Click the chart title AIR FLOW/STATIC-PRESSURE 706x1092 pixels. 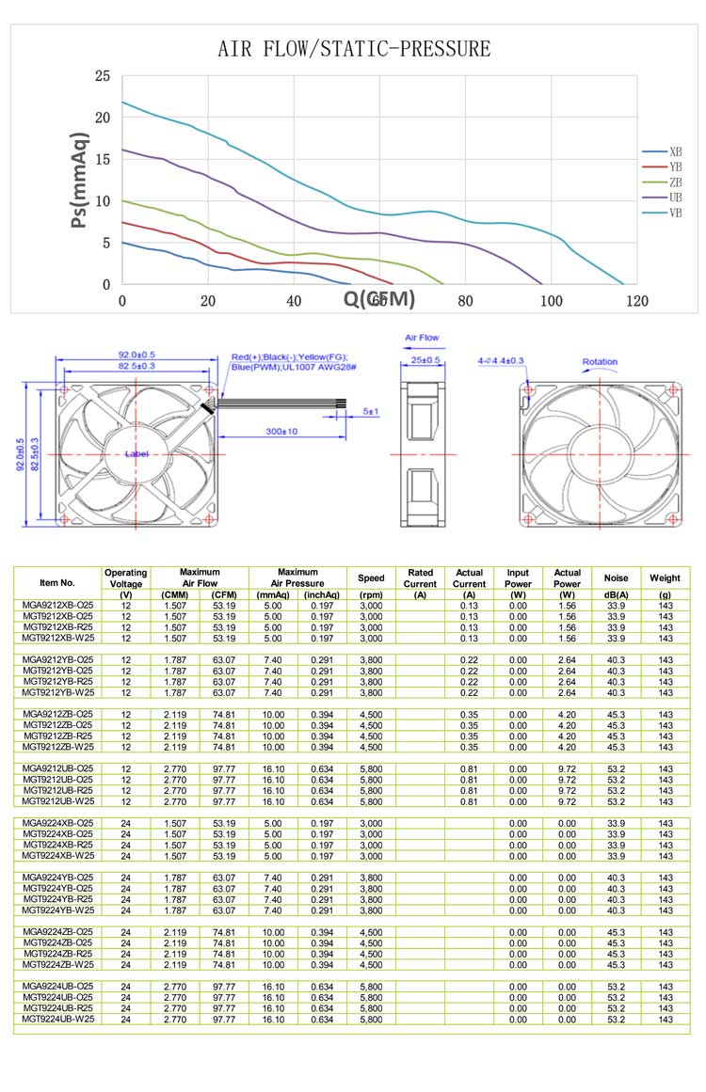pos(354,49)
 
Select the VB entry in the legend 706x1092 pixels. pos(675,214)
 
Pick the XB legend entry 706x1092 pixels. pos(675,151)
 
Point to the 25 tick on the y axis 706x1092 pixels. pos(103,76)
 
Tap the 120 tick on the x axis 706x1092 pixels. pos(637,301)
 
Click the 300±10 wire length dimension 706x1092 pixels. pos(280,431)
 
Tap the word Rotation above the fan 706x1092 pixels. pos(600,361)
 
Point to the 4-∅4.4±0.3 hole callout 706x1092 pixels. pos(501,360)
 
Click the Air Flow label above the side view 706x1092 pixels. pos(422,337)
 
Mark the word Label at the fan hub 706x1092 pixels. pos(137,454)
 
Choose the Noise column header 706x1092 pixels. pos(616,578)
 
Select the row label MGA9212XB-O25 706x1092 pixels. pos(57,606)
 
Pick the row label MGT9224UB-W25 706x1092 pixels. pos(57,1019)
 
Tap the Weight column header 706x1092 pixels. pos(666,578)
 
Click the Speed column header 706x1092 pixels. pos(372,578)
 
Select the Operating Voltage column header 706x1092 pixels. pos(125,578)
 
